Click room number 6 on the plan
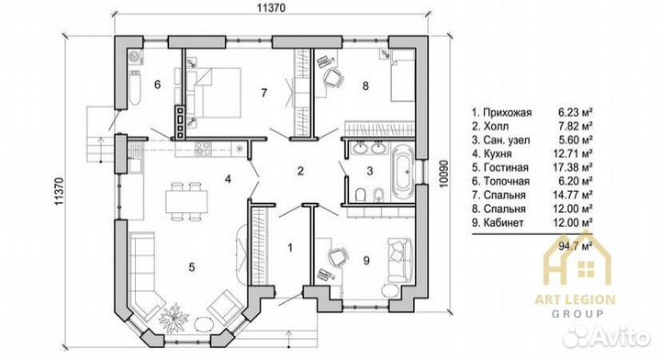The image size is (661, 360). (157, 84)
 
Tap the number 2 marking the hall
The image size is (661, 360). (300, 171)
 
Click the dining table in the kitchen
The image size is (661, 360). (186, 201)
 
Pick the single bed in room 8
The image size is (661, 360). (403, 75)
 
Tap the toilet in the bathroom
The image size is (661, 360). (361, 196)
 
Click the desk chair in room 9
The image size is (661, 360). (339, 256)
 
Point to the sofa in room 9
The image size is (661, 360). (399, 259)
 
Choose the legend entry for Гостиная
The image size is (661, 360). (500, 167)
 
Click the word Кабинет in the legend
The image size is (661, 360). (503, 222)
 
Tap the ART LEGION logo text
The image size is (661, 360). (575, 300)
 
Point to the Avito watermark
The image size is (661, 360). (606, 336)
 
